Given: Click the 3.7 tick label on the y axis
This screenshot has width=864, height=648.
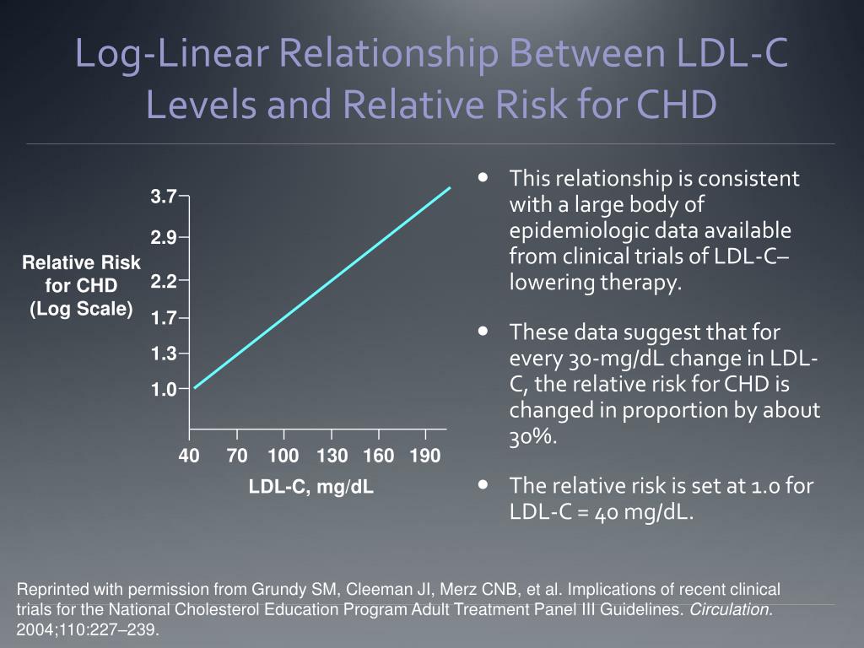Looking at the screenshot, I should tap(164, 197).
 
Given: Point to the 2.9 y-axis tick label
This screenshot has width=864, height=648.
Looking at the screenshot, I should tap(164, 239).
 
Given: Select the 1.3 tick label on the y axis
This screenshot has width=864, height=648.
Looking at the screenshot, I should tap(164, 354).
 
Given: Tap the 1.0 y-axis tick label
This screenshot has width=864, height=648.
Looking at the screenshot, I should tap(164, 390).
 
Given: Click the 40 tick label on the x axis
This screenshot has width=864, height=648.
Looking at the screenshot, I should tap(189, 456).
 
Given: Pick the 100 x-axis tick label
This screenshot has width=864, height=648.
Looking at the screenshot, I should tap(283, 456).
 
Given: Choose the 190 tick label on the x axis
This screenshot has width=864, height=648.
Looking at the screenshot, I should tap(425, 456).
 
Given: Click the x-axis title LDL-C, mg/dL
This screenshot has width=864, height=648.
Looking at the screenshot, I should tap(311, 487).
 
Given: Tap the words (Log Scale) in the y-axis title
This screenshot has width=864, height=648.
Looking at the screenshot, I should tap(82, 309).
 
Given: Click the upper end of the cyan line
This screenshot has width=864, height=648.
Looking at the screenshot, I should tap(451, 187).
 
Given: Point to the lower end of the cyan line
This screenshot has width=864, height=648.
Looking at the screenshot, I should tap(195, 387).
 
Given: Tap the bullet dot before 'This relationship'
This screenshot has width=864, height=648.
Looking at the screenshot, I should tap(483, 178).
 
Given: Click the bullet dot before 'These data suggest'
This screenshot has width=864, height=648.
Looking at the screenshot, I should tap(483, 332).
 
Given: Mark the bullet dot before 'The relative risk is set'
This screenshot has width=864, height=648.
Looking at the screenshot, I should tap(483, 485).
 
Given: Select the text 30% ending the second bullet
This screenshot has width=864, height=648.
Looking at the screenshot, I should tap(533, 436).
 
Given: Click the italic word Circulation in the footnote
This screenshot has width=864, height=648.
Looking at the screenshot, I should tap(732, 609).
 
